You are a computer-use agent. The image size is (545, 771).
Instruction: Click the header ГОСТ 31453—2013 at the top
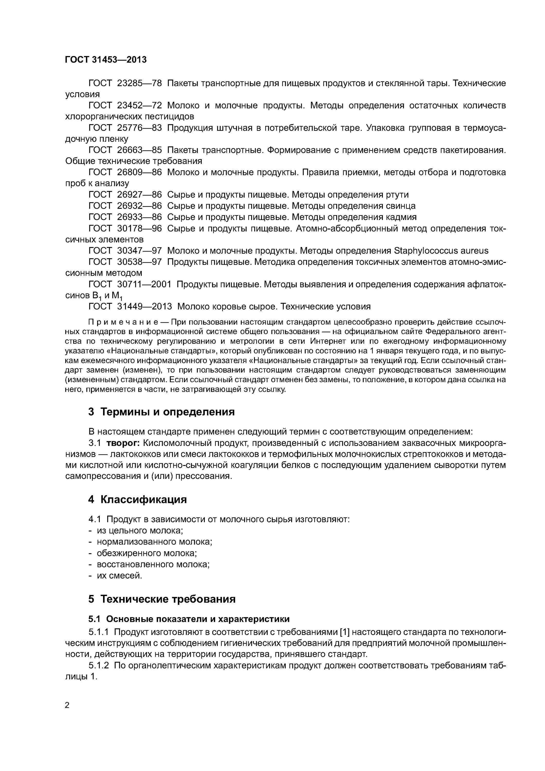pyautogui.click(x=106, y=60)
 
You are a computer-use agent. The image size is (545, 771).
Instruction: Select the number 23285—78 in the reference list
pyautogui.click(x=139, y=83)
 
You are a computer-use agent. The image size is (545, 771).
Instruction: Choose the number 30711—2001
pyautogui.click(x=144, y=284)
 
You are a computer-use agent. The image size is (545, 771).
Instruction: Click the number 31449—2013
pyautogui.click(x=144, y=307)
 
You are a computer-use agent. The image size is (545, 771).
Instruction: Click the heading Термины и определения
pyautogui.click(x=167, y=412)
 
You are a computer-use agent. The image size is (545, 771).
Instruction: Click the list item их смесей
pyautogui.click(x=119, y=576)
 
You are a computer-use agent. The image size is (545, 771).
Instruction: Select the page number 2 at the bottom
pyautogui.click(x=67, y=705)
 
